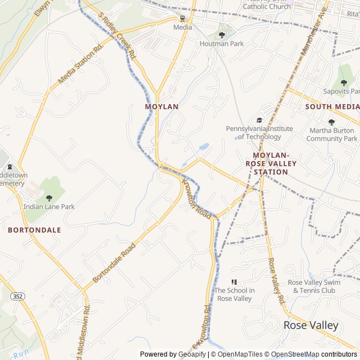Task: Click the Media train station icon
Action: coord(182,18)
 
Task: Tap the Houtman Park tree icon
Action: coord(222,35)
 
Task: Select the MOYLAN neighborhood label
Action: coord(161,106)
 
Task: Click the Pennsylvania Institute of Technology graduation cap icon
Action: coord(259,120)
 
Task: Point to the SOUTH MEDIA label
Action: coord(332,106)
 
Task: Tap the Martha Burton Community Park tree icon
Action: coord(331,122)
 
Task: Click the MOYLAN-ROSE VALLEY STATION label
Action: coord(271,163)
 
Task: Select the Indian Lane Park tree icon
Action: coord(49,198)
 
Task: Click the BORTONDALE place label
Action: coord(34,230)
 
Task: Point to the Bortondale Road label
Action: coord(114,263)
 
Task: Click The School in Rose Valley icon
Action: coord(234,282)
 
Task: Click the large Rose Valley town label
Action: coord(311,325)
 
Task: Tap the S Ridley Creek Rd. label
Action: coord(118,37)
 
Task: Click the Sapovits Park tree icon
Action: coord(344,83)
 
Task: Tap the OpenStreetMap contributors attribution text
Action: coord(320,354)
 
